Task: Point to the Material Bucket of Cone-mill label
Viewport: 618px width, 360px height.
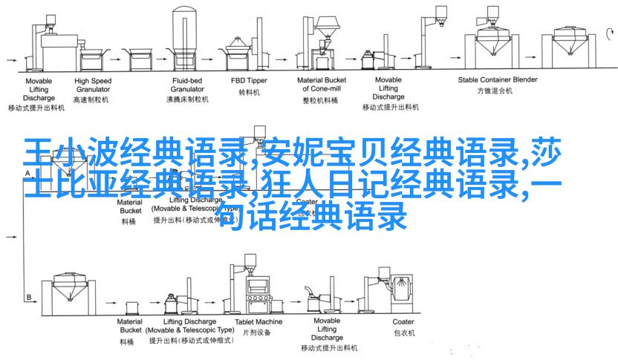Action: pos(321,84)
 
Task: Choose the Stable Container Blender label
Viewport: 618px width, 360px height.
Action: pos(498,79)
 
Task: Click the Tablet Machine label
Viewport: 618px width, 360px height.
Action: pos(258,321)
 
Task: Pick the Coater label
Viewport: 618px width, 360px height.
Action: pos(403,321)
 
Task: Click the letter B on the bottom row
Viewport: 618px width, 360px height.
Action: pos(29,298)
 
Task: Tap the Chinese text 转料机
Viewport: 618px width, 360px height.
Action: pos(247,93)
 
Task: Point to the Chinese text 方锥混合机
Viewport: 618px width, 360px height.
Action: pos(498,92)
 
